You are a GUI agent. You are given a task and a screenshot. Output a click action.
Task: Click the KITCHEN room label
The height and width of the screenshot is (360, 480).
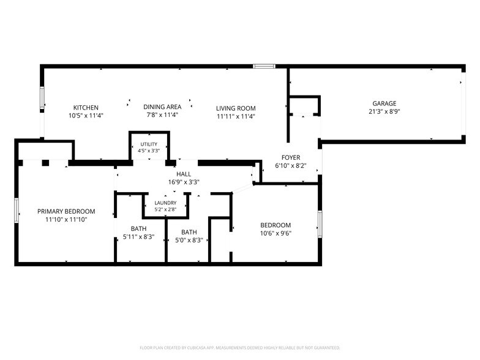(86, 108)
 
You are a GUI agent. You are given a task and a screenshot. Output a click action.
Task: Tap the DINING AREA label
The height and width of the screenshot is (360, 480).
(162, 107)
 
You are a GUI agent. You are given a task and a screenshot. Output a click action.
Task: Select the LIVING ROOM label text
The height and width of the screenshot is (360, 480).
(236, 108)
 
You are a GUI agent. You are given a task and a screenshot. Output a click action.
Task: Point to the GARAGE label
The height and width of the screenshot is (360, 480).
(384, 103)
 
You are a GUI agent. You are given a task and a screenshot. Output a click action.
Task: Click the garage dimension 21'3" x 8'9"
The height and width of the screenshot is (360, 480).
(384, 111)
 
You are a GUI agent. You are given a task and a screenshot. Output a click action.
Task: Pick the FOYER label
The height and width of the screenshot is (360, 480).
(291, 157)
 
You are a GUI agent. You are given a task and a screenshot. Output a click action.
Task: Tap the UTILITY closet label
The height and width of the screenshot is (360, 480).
(149, 144)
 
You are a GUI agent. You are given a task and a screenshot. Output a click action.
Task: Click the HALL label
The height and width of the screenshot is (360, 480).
(184, 174)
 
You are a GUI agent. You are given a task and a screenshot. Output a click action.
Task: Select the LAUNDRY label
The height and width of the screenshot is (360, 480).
(165, 203)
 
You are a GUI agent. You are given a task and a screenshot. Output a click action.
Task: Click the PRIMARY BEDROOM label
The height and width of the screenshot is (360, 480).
(66, 211)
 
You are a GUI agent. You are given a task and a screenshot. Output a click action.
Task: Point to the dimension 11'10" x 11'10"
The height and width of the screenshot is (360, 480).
(66, 219)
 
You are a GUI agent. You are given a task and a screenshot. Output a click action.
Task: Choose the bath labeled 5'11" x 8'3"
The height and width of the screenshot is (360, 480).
(138, 236)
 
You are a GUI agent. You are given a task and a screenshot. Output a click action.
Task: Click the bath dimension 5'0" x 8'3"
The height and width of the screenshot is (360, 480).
(189, 240)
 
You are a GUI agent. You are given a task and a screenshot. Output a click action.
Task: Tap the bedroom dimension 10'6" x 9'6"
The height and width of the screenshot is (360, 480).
(276, 233)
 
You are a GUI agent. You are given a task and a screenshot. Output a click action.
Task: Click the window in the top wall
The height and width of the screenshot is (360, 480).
(264, 66)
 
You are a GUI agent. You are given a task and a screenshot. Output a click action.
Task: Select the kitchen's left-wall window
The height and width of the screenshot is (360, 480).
(42, 98)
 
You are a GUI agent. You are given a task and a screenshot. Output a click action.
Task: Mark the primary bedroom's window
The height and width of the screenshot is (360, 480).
(17, 210)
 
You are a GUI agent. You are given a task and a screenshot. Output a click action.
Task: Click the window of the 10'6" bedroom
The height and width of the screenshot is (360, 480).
(320, 224)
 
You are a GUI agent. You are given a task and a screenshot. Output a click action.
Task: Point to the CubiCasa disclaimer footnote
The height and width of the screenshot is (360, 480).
(240, 348)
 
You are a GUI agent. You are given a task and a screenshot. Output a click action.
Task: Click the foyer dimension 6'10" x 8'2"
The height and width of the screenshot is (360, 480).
(291, 165)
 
